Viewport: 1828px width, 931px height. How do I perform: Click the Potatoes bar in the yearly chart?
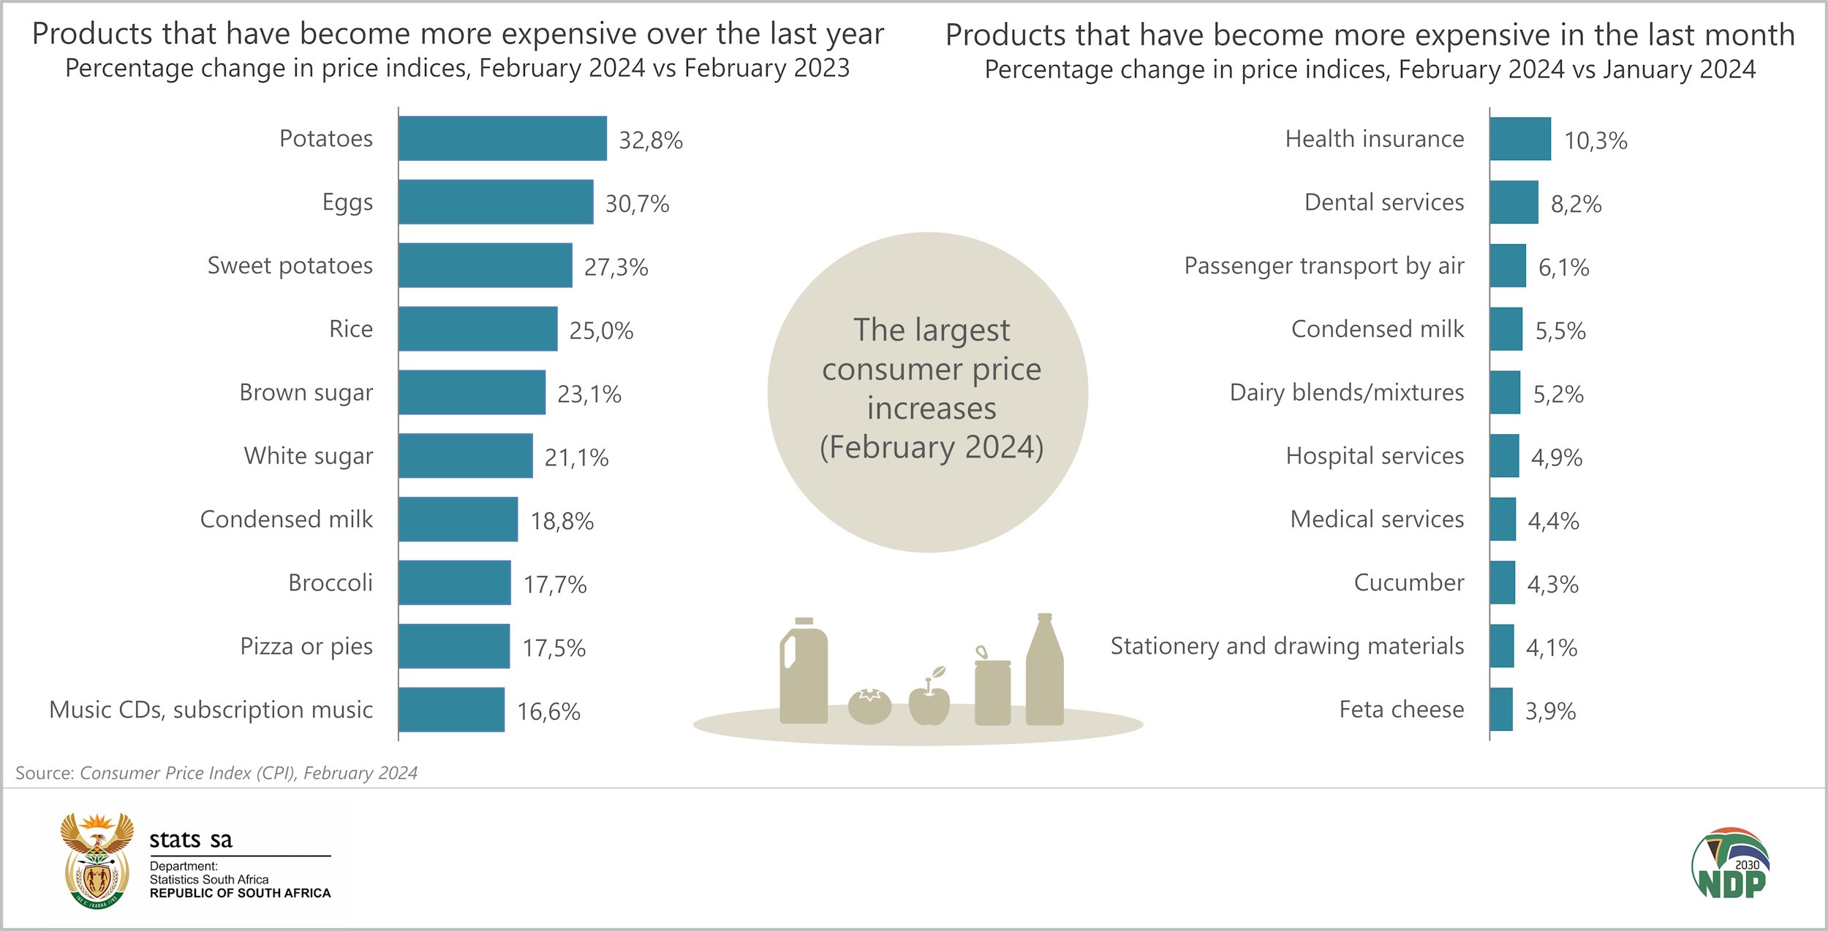point(502,138)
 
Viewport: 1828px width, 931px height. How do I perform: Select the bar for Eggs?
point(496,202)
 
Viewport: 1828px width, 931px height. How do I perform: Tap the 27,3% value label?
point(616,267)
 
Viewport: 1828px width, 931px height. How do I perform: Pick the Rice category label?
point(351,329)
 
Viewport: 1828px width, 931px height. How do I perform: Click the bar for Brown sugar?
point(472,392)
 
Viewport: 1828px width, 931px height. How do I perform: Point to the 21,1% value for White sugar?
point(576,458)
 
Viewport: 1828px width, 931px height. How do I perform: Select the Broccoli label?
point(331,582)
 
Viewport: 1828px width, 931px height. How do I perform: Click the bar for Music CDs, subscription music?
point(451,710)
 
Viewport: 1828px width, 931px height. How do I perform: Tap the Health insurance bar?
point(1520,139)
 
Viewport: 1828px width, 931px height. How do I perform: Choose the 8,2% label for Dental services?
point(1576,205)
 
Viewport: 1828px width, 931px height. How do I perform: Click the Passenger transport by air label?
point(1323,266)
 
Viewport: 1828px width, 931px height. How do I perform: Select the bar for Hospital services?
point(1504,456)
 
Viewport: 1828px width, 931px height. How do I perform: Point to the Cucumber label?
point(1408,582)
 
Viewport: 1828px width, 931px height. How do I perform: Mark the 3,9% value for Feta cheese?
point(1550,711)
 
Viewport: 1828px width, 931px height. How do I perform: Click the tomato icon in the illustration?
point(869,706)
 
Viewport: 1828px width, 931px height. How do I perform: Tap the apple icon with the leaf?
point(929,700)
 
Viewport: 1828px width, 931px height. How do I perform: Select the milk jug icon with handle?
point(803,672)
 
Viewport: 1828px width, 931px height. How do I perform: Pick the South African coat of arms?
point(97,860)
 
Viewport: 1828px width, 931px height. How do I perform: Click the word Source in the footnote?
point(45,773)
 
